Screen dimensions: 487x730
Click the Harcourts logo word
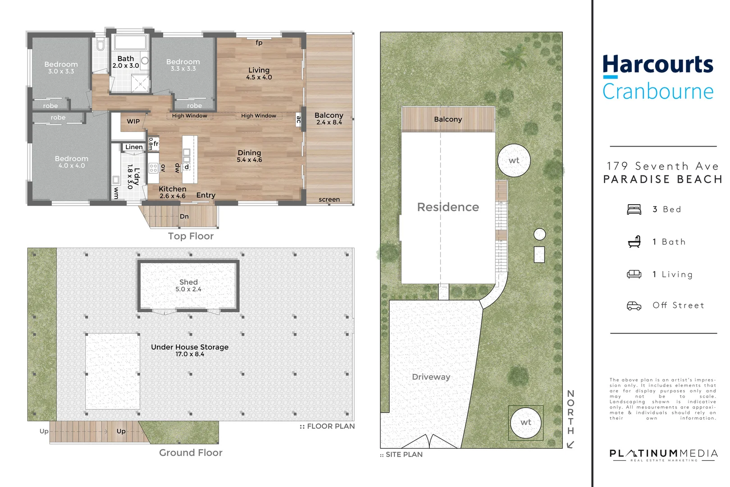pos(658,64)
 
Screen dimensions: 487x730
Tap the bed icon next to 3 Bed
pos(634,209)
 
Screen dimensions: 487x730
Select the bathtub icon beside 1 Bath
pos(634,242)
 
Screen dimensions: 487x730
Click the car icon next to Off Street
pos(634,306)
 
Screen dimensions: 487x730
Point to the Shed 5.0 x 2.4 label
pos(188,285)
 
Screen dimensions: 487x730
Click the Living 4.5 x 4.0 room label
pos(259,73)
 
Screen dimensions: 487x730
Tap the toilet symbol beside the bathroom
pos(100,45)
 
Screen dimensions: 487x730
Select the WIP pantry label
pos(133,121)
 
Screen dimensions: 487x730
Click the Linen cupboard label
pos(134,147)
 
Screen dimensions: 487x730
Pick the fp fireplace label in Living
pos(259,43)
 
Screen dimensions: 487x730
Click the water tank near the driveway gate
pos(525,423)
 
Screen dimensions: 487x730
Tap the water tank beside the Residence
pos(514,161)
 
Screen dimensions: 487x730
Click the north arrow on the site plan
pos(570,445)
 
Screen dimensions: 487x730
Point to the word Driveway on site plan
pos(431,377)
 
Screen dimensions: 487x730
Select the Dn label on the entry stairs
pos(184,216)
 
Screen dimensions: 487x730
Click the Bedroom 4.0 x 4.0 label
pos(71,162)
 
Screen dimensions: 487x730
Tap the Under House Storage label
pos(190,350)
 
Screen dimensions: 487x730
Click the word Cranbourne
pos(658,92)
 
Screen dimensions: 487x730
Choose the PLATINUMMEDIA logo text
pos(663,453)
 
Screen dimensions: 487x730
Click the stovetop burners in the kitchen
pos(153,169)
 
